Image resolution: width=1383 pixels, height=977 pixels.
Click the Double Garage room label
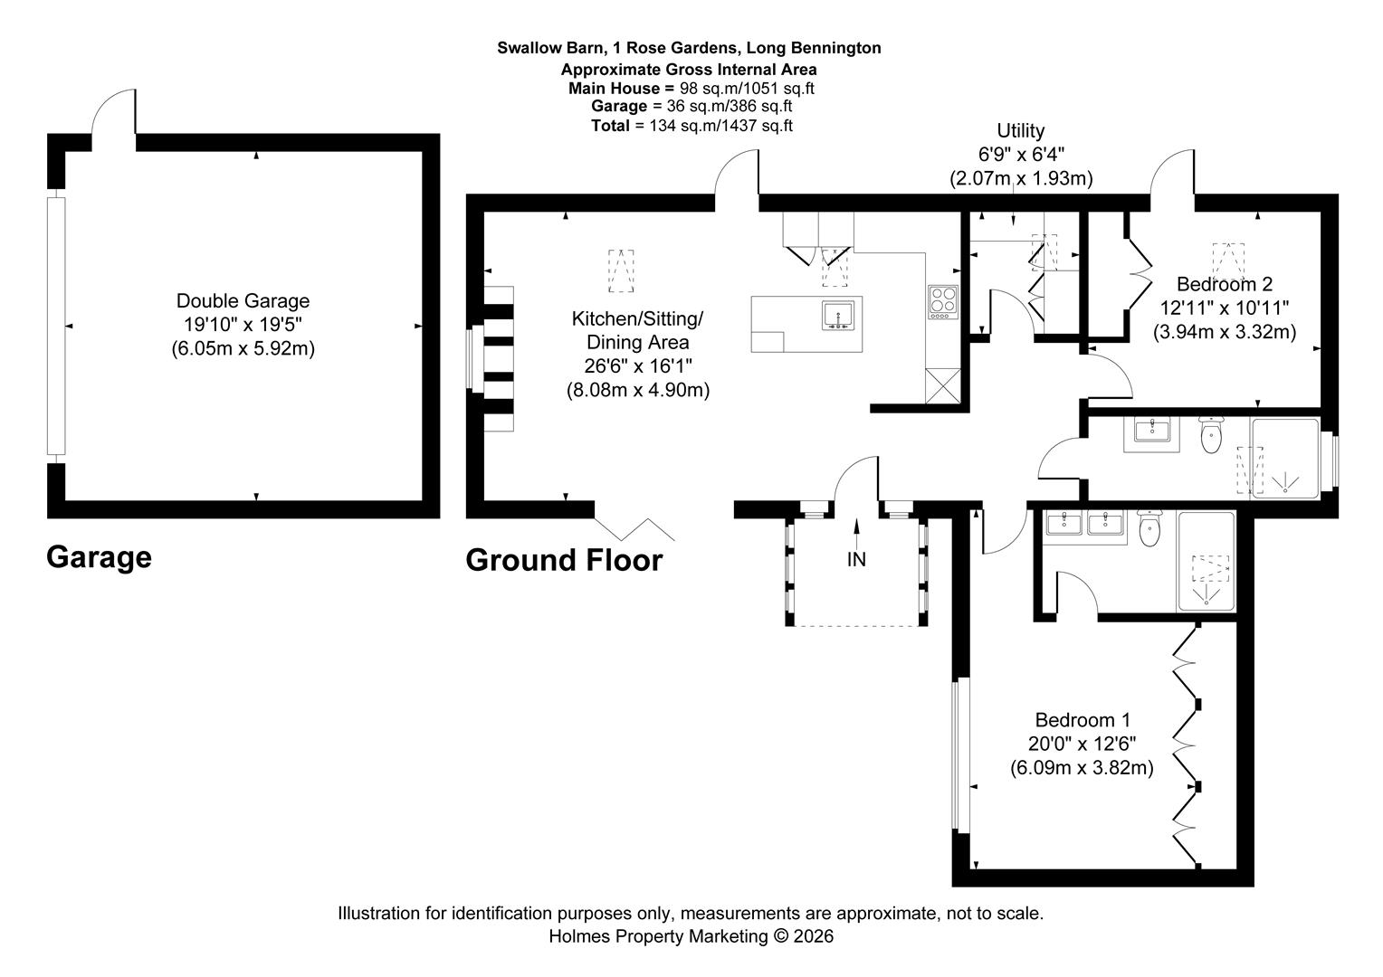tap(243, 301)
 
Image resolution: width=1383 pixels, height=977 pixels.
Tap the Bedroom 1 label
tap(1083, 720)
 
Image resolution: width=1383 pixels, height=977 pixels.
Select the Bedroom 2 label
tap(1225, 284)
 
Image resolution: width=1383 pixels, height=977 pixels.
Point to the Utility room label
tap(1021, 131)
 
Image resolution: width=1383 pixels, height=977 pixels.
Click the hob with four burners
tap(943, 302)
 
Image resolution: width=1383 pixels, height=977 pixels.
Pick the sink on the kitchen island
tap(838, 316)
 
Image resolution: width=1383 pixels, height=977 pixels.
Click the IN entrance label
tap(856, 559)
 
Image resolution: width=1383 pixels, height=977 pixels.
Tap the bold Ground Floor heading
tap(564, 560)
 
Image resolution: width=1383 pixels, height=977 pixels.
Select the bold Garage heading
tap(99, 556)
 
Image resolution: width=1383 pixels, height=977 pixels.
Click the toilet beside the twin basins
tap(1149, 529)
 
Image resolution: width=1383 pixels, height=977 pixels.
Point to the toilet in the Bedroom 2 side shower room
tap(1211, 435)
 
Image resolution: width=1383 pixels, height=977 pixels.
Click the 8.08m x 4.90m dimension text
tap(638, 390)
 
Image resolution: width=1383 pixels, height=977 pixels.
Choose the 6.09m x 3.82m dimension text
tap(1082, 768)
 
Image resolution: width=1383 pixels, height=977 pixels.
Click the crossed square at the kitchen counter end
tap(943, 385)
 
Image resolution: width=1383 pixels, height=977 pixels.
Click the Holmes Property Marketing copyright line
tap(691, 936)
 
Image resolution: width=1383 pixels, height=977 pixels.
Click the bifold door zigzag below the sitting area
tap(634, 529)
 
